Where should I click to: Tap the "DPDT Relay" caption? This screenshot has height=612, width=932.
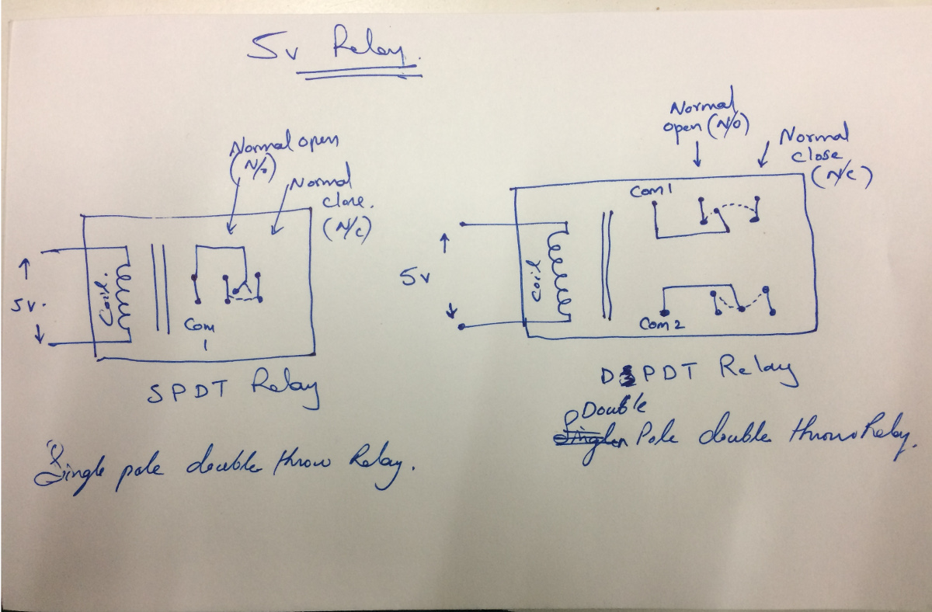click(699, 372)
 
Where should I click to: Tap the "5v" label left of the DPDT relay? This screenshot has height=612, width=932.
click(410, 276)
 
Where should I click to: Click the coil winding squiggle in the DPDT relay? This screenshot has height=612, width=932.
click(559, 272)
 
